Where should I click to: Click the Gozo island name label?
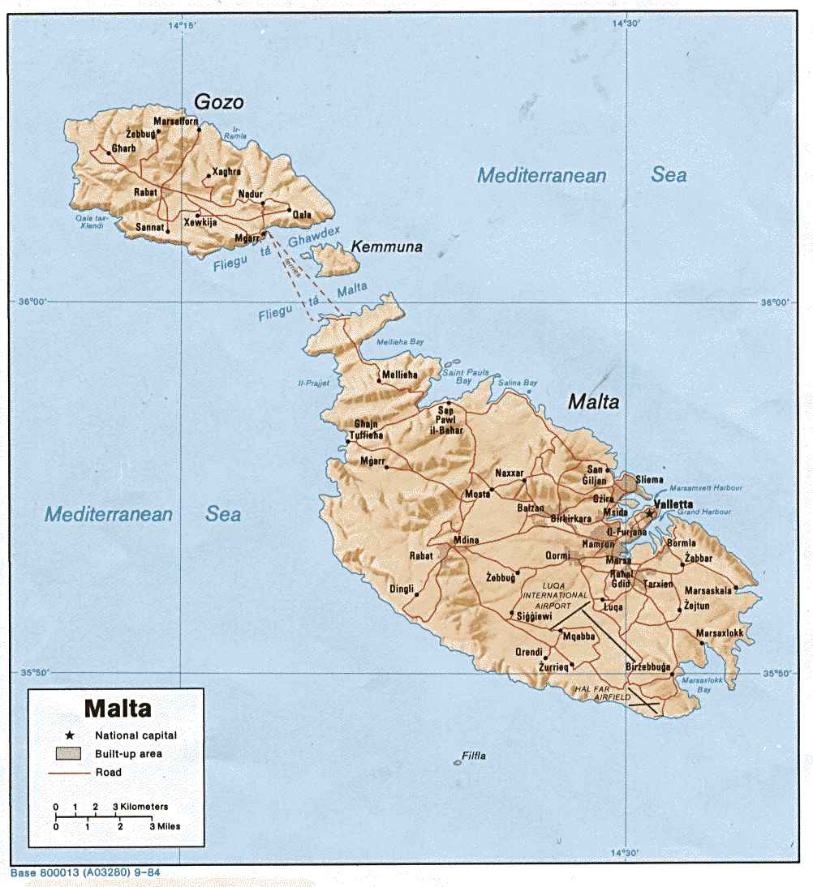click(218, 101)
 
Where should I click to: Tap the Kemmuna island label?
click(386, 246)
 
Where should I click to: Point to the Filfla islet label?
click(474, 756)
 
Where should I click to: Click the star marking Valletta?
click(649, 514)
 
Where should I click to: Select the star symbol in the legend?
click(70, 735)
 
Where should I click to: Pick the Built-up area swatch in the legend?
click(69, 753)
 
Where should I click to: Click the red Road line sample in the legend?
click(69, 773)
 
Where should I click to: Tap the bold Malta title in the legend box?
click(118, 708)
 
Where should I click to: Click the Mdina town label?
click(466, 540)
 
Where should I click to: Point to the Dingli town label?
click(402, 589)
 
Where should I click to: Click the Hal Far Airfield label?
click(601, 692)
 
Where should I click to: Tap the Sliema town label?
click(649, 480)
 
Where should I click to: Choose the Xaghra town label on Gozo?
click(226, 172)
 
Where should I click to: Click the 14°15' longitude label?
click(182, 26)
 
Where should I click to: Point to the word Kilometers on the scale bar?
click(145, 807)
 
